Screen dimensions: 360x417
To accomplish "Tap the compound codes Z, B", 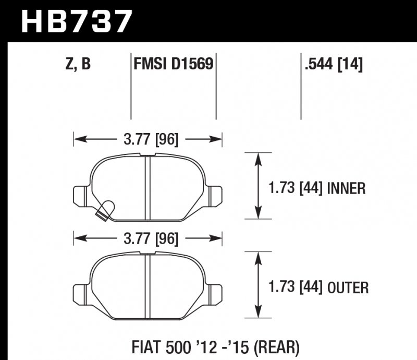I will point(78,64).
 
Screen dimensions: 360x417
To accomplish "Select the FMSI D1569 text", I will point(173,64).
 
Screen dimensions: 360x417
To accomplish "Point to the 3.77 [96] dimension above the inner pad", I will point(149,139).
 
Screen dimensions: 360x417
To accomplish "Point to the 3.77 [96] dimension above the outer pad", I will point(149,239).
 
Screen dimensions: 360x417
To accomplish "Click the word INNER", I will point(346,188).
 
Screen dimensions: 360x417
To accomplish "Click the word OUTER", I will point(348,287).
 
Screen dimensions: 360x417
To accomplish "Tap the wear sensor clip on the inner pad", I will point(106,209).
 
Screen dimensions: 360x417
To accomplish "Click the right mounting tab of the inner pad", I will point(216,194).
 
